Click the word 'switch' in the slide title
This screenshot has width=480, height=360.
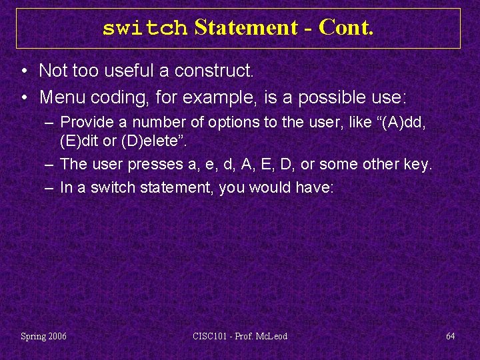pyautogui.click(x=145, y=28)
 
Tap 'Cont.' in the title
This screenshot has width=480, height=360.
pyautogui.click(x=346, y=28)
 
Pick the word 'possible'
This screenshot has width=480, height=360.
pyautogui.click(x=329, y=97)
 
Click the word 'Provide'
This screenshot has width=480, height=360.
pyautogui.click(x=85, y=123)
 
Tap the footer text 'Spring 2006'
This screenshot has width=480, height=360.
pyautogui.click(x=44, y=337)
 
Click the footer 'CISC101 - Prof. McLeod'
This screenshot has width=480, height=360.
pyautogui.click(x=241, y=337)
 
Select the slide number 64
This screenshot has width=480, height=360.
pyautogui.click(x=450, y=337)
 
